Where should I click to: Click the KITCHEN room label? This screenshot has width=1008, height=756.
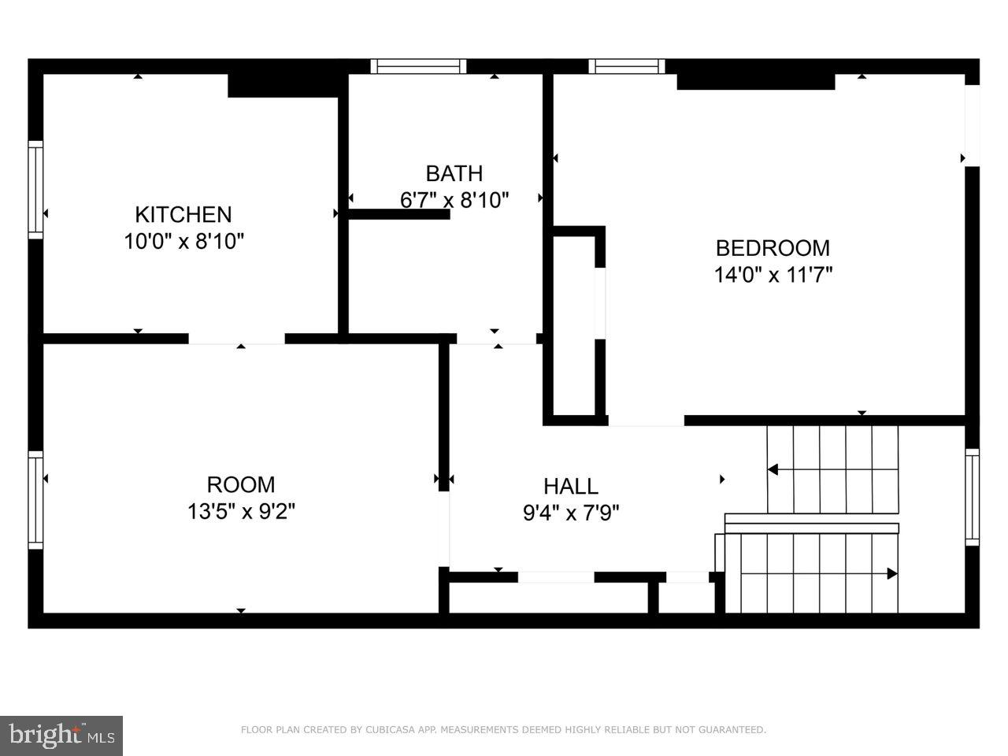(x=183, y=214)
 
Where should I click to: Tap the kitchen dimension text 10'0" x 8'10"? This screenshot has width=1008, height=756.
(x=183, y=241)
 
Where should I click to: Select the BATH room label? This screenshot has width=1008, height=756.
(x=454, y=173)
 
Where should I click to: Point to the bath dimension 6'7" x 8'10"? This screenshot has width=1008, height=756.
(x=454, y=200)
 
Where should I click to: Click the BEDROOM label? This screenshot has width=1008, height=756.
(x=772, y=248)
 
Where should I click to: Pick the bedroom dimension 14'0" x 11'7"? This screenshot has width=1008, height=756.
(x=773, y=275)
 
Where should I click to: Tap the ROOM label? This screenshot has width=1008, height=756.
(x=241, y=484)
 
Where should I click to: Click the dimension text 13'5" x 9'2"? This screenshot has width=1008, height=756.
(x=241, y=512)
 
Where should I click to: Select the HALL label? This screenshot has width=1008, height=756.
(x=571, y=486)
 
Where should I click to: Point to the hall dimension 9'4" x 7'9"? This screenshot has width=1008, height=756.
(x=571, y=513)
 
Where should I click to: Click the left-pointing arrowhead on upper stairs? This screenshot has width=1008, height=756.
(x=773, y=470)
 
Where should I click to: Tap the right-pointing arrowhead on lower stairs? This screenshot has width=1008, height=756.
(x=892, y=573)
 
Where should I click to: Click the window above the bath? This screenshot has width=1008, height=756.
(x=418, y=66)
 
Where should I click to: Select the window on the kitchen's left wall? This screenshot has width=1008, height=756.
(x=35, y=189)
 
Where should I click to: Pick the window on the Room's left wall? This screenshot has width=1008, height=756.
(x=35, y=500)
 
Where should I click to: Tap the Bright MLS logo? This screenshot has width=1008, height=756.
(x=61, y=736)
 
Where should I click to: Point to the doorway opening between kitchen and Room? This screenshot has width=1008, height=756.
(x=236, y=339)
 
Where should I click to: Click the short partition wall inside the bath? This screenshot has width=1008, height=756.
(x=399, y=213)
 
